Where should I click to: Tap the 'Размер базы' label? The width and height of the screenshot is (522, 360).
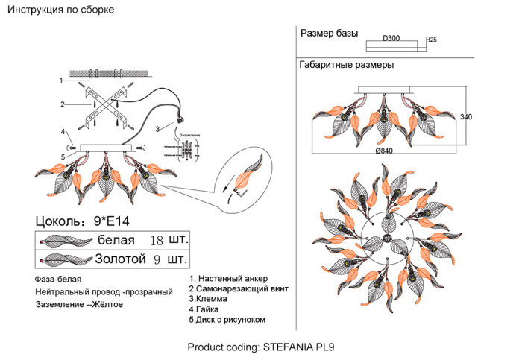tap(329, 34)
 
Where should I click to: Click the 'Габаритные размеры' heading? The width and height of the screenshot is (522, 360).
tap(347, 65)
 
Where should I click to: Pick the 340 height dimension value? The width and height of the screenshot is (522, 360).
tap(467, 117)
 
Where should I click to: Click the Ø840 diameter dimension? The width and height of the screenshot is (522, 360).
tap(384, 151)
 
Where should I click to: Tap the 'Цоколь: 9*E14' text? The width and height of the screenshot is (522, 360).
tap(83, 221)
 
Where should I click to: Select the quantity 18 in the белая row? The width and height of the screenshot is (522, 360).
tap(157, 241)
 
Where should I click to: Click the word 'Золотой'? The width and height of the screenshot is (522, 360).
tap(120, 259)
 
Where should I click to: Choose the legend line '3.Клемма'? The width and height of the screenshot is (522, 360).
tap(208, 298)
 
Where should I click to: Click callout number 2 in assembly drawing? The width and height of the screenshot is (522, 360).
tap(64, 104)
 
